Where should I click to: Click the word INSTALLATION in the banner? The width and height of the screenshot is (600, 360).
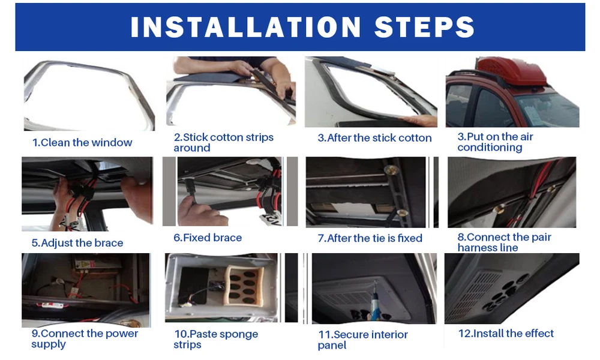pyautogui.click(x=245, y=27)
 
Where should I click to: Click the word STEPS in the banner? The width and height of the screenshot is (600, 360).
pyautogui.click(x=424, y=27)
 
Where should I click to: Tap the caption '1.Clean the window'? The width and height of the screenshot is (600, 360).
pyautogui.click(x=82, y=142)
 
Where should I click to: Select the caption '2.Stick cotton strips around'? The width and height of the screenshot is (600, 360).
pyautogui.click(x=223, y=142)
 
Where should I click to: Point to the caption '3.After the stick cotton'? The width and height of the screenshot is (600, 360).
pyautogui.click(x=374, y=138)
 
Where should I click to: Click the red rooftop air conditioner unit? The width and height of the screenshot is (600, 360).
pyautogui.click(x=509, y=71)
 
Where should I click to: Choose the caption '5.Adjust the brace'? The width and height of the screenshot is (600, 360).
pyautogui.click(x=77, y=243)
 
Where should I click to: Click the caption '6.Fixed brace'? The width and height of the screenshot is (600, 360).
pyautogui.click(x=208, y=238)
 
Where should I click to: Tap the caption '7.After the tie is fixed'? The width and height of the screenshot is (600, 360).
pyautogui.click(x=370, y=238)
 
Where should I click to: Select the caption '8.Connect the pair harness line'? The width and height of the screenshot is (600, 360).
pyautogui.click(x=505, y=242)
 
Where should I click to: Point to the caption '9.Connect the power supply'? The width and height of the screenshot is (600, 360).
pyautogui.click(x=85, y=338)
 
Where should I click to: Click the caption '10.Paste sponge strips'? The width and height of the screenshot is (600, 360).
pyautogui.click(x=216, y=339)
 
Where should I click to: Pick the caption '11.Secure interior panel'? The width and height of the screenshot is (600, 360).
pyautogui.click(x=363, y=340)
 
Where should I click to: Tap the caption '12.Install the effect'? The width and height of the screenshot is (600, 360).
pyautogui.click(x=506, y=333)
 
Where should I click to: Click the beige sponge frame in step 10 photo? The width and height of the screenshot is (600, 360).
pyautogui.click(x=245, y=286)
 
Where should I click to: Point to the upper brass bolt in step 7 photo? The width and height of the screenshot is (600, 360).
pyautogui.click(x=392, y=168)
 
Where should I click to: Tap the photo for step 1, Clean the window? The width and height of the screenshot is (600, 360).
pyautogui.click(x=89, y=95)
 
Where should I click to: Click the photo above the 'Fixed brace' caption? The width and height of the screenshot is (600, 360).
pyautogui.click(x=230, y=191)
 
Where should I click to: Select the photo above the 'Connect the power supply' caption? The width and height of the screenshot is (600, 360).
pyautogui.click(x=86, y=290)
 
